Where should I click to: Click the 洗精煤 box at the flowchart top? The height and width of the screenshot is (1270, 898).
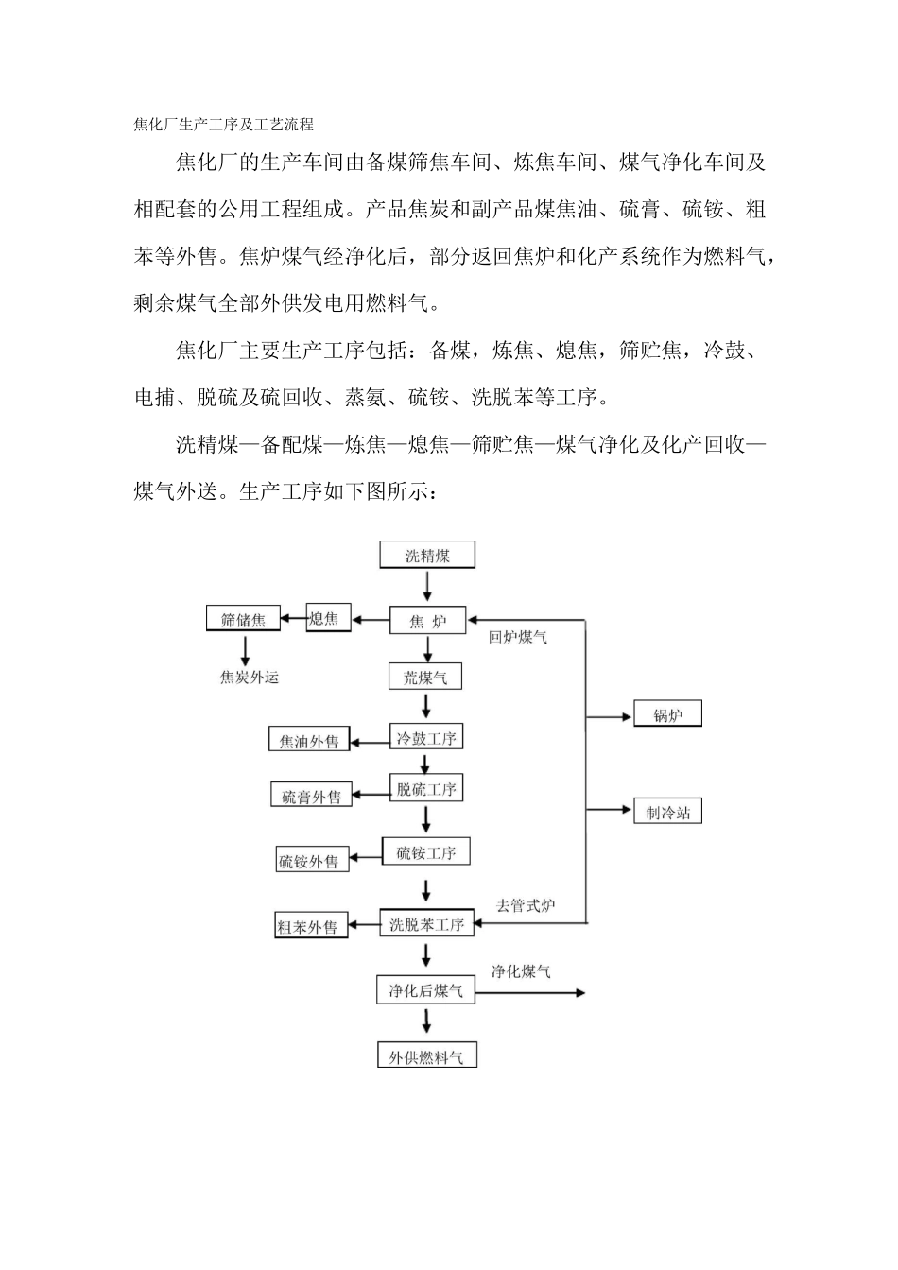click(427, 555)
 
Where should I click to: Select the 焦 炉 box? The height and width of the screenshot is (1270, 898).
click(427, 621)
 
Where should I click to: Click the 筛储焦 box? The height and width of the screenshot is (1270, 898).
click(243, 620)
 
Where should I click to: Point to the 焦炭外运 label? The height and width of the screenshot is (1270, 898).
click(250, 677)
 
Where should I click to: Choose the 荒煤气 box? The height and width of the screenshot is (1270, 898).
click(425, 677)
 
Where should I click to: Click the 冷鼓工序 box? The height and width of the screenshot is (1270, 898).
click(426, 738)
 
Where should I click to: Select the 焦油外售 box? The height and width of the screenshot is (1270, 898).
click(309, 741)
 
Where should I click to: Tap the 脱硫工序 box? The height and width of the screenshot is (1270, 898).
click(426, 789)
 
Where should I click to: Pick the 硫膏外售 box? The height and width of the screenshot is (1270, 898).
click(311, 796)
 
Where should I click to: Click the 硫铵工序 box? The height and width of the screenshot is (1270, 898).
click(425, 852)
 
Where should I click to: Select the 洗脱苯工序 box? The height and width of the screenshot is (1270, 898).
click(426, 924)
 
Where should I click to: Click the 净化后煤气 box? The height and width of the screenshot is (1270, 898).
click(425, 990)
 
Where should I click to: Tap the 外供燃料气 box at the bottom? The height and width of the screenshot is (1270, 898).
click(426, 1056)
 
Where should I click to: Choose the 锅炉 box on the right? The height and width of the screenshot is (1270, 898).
click(667, 715)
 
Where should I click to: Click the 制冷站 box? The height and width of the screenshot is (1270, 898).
click(667, 812)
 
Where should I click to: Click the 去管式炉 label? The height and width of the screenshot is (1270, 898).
click(526, 905)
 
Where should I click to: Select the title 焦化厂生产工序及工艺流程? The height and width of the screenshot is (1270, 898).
click(223, 124)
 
